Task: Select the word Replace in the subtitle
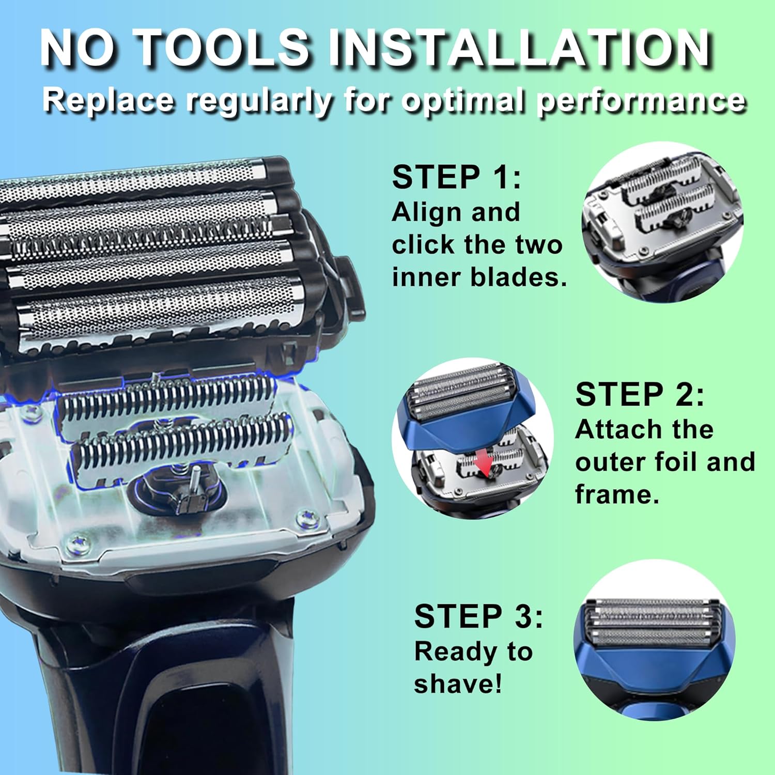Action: pos(109,99)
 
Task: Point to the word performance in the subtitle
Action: pos(641,100)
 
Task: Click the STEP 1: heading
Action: pos(456,177)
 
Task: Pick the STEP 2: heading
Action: pos(639,395)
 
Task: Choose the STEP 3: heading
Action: pos(478,616)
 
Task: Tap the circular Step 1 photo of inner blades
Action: pos(662,222)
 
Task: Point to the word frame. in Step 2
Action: pos(617,495)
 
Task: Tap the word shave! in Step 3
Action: pos(457,684)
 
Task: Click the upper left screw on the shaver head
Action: pos(32,412)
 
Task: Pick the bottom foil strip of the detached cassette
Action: pos(160,313)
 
